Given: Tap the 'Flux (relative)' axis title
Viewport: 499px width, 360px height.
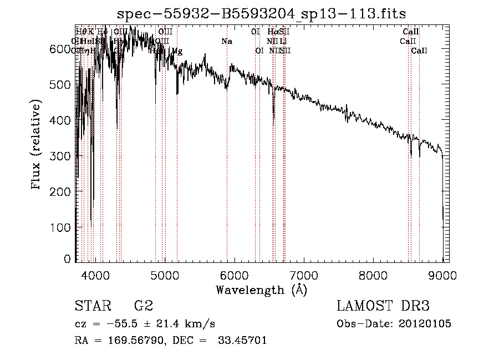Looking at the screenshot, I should (x=37, y=145).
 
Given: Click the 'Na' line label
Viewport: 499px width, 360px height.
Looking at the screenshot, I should (x=226, y=41).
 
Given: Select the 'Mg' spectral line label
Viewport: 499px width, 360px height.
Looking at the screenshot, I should (x=177, y=50).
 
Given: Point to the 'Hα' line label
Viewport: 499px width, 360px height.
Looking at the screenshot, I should (x=273, y=32).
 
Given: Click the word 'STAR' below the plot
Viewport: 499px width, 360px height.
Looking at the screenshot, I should (x=91, y=306).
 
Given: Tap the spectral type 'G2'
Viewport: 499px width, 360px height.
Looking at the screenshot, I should (x=144, y=306).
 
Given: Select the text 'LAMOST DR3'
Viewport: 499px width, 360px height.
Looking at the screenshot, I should (x=383, y=306).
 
